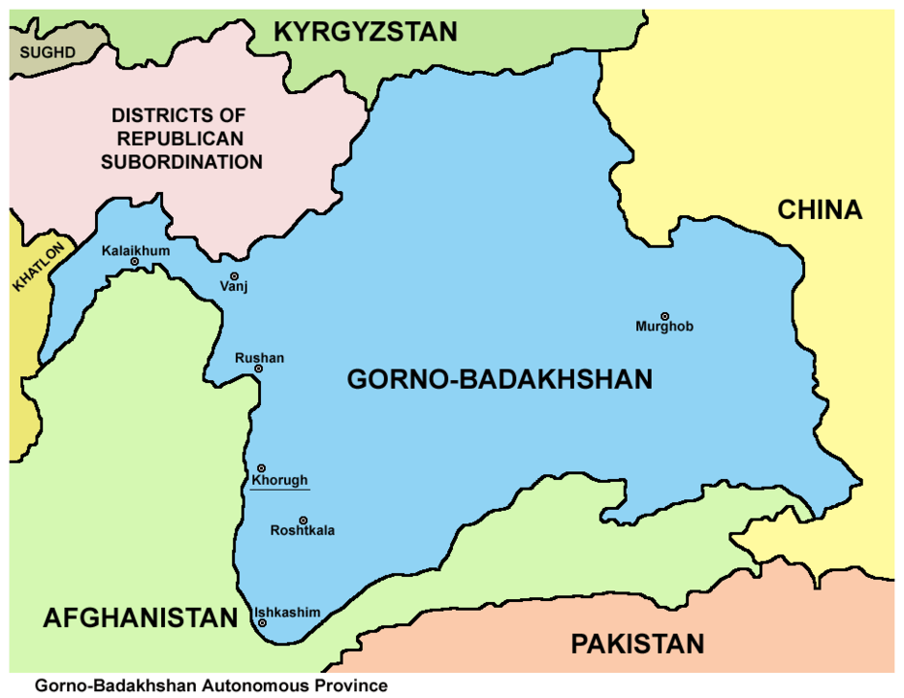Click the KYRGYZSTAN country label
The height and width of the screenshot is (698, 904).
point(365,32)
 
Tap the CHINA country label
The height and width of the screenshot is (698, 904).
point(820,209)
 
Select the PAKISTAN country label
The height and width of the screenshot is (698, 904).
point(636,644)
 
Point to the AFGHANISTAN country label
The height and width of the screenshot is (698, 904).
point(140,619)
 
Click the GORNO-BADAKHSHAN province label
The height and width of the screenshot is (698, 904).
point(500,380)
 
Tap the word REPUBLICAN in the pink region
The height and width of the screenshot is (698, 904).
point(181,139)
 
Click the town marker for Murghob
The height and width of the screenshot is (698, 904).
point(665,316)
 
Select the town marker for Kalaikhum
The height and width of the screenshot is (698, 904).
point(135,262)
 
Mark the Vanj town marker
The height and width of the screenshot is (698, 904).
point(234,276)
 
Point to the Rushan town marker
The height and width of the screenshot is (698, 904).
point(259,369)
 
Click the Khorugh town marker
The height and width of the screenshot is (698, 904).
point(261,468)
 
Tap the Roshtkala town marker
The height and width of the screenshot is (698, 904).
point(304,520)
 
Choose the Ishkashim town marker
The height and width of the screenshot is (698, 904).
point(262,623)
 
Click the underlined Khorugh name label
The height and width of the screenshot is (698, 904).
point(279,481)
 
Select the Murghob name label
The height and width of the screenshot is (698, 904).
point(664,330)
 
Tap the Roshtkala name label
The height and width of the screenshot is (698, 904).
point(303,532)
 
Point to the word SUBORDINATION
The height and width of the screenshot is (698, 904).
point(181,162)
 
